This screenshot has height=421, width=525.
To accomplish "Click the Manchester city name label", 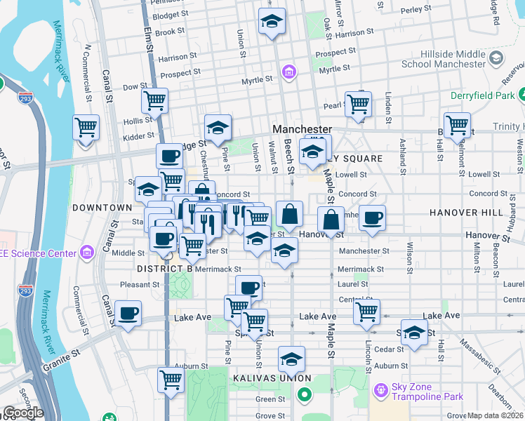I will pos(302,130).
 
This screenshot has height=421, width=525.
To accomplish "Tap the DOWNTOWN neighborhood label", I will pos(102,208).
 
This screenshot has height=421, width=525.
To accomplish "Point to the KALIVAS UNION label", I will pos(266,379).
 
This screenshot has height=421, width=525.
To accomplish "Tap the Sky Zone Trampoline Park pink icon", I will pos(381,388).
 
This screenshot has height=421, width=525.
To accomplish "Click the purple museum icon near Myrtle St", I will pos(288,72).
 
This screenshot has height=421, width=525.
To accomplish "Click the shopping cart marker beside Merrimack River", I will pos(86,128).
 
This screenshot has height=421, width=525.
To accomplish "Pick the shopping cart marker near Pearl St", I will pos(358,104).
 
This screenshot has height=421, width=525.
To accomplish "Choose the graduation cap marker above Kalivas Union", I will pos(291,360).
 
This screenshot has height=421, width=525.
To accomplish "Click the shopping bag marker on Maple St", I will pos(331,220).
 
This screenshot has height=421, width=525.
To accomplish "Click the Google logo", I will pos(22,413).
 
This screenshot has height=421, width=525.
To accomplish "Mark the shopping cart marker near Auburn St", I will pos(171,380).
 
